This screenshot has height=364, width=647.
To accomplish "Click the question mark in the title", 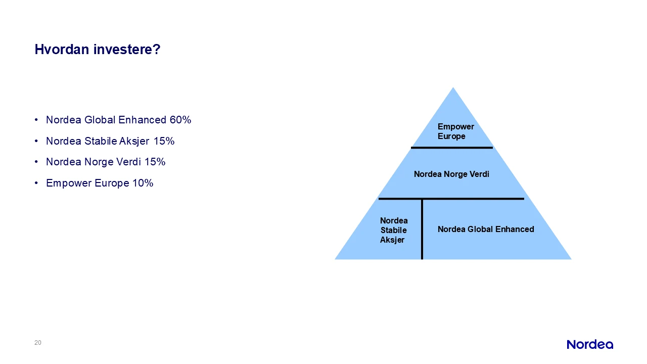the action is click(157, 49).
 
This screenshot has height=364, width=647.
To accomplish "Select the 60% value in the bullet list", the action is click(180, 120).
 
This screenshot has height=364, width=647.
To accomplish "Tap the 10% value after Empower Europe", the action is click(143, 183).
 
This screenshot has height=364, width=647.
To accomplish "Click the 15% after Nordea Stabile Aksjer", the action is click(164, 141).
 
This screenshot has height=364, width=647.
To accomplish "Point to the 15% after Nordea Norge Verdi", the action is click(155, 162).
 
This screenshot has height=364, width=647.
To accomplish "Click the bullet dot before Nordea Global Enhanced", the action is click(36, 120).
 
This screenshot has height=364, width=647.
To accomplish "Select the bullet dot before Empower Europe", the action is click(36, 183).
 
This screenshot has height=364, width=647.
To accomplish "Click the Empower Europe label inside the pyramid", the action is click(456, 131).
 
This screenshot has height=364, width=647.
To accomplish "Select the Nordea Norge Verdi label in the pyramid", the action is click(451, 174).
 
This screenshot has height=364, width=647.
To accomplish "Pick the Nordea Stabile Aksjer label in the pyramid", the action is click(394, 230).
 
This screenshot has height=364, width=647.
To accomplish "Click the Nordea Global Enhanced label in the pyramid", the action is click(486, 230).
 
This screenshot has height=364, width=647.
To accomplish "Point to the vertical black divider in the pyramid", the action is click(422, 229).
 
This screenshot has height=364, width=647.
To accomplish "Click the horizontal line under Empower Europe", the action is click(452, 148).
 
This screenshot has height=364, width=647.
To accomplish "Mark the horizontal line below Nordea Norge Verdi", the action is click(451, 199).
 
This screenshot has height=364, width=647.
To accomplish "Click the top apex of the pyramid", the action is click(453, 87).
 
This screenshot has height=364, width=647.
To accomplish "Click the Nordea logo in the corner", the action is click(590, 345).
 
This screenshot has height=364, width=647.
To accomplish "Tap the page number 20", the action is click(38, 343).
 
